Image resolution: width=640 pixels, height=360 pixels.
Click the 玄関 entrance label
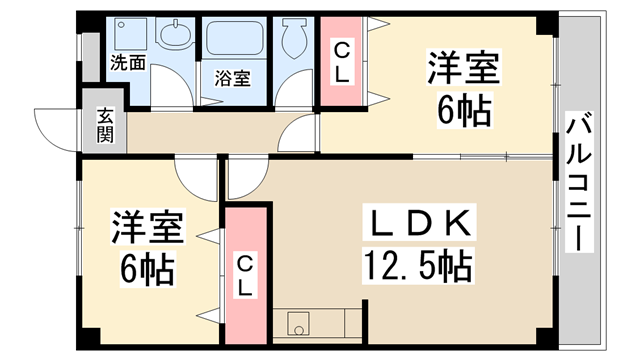pos(105,125)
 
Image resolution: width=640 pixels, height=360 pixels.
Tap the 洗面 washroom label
pos(127,63)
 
